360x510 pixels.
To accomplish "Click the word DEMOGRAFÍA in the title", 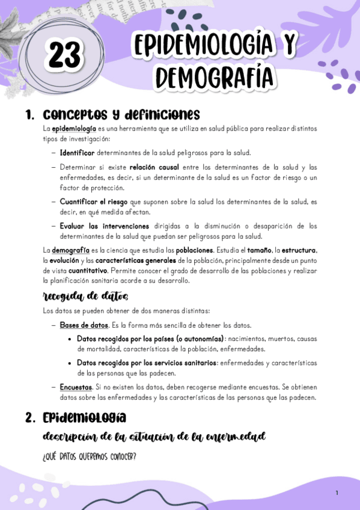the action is click(214, 77).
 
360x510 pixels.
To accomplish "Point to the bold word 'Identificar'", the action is click(78, 152).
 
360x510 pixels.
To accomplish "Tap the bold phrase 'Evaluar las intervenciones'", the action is click(105, 226).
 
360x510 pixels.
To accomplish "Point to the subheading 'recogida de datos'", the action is click(85, 296).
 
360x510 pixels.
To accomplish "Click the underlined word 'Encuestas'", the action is click(76, 387).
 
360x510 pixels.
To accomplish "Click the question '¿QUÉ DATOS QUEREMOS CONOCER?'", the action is click(90, 457).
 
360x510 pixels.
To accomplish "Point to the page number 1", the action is click(337, 493).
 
